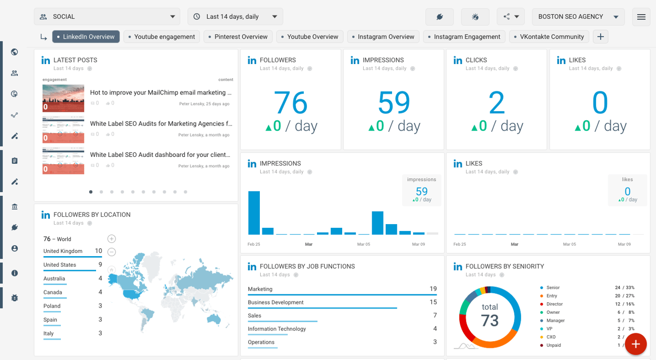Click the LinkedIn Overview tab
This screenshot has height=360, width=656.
tap(86, 37)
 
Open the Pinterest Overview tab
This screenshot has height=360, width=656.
tap(238, 37)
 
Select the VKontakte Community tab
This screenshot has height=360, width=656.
tap(548, 37)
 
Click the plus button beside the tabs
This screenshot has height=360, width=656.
tap(600, 37)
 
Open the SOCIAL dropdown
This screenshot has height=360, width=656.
tap(107, 17)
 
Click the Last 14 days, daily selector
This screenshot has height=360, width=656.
tap(235, 17)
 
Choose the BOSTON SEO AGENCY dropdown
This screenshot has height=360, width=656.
tap(577, 17)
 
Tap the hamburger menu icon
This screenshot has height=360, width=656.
tap(641, 17)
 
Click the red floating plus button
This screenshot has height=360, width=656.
tap(636, 344)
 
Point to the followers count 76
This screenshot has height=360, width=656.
tap(290, 103)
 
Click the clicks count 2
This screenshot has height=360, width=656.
tap(496, 103)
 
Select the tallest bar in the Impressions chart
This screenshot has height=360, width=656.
tap(254, 213)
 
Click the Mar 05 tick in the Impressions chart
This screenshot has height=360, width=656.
tap(364, 244)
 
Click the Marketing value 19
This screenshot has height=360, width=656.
tap(433, 289)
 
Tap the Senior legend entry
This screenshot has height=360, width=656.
tap(553, 288)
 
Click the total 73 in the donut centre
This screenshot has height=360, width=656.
tap(490, 315)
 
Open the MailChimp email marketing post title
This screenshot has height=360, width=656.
tap(161, 92)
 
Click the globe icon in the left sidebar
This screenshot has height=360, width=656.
tap(15, 52)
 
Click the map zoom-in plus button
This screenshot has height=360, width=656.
tap(111, 239)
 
